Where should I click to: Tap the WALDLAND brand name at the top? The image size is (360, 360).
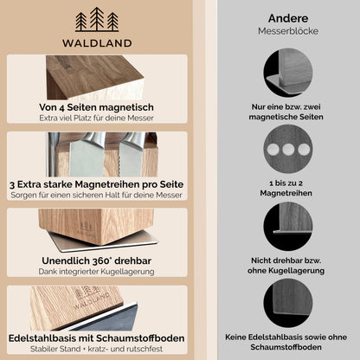96,42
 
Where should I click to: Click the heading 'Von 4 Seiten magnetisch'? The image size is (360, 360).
96,107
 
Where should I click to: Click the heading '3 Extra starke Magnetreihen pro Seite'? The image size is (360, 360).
96,183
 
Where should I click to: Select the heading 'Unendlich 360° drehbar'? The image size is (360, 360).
96,260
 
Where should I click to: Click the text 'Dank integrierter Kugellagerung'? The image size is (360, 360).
96,272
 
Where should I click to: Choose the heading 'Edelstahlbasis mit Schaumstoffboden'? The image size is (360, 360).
96,337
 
